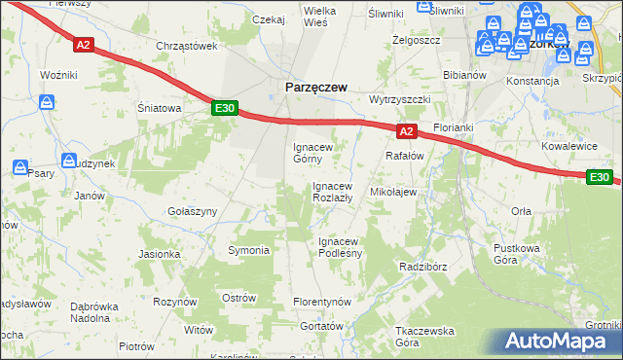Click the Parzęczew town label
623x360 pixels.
tap(315, 87)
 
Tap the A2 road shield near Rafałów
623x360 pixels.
tap(407, 130)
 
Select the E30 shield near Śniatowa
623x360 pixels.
tap(225, 109)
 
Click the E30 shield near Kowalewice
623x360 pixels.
tap(601, 177)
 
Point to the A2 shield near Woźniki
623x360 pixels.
tap(84, 44)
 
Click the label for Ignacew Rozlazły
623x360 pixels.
tap(338, 192)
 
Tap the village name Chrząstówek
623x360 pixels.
tap(186, 46)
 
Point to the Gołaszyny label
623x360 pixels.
tap(192, 211)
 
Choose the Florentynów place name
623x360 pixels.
tap(321, 303)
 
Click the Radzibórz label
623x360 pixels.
tap(422, 266)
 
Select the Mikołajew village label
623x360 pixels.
tap(393, 192)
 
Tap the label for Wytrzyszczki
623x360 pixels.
tap(400, 100)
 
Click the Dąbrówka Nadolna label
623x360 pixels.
tap(95, 311)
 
